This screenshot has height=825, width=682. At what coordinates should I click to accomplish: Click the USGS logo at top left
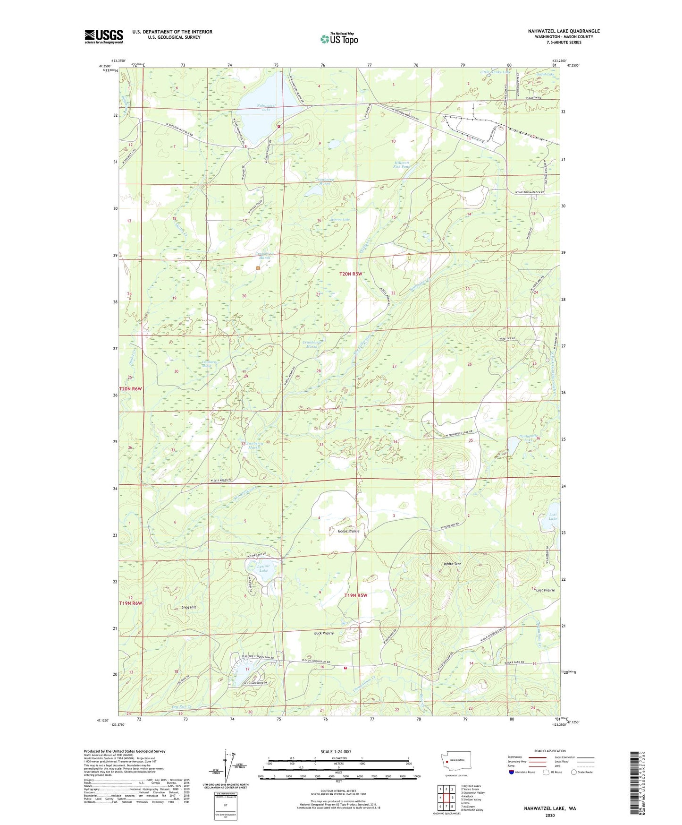[104, 36]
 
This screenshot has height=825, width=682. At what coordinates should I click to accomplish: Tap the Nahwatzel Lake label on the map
[266, 107]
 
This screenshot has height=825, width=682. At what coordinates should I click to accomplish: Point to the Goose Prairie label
[348, 531]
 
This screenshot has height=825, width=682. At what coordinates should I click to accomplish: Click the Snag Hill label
[188, 607]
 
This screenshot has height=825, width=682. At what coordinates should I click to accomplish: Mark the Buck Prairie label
[324, 633]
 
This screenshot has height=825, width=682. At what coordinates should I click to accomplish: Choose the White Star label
[452, 564]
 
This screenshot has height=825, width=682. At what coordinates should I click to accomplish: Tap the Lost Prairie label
[545, 590]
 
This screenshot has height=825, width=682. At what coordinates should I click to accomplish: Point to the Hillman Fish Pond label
[402, 164]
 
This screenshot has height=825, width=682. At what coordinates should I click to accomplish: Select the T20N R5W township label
[351, 274]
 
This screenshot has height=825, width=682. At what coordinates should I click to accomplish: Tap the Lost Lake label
[553, 516]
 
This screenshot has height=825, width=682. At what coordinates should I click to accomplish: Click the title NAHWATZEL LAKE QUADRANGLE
[564, 31]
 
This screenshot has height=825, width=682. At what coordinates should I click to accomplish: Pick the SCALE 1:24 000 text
[335, 751]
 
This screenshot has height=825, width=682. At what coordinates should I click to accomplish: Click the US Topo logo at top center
[339, 38]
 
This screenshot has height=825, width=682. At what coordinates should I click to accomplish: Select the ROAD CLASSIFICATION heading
[550, 751]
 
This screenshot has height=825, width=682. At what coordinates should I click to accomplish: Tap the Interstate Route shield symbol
[512, 772]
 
